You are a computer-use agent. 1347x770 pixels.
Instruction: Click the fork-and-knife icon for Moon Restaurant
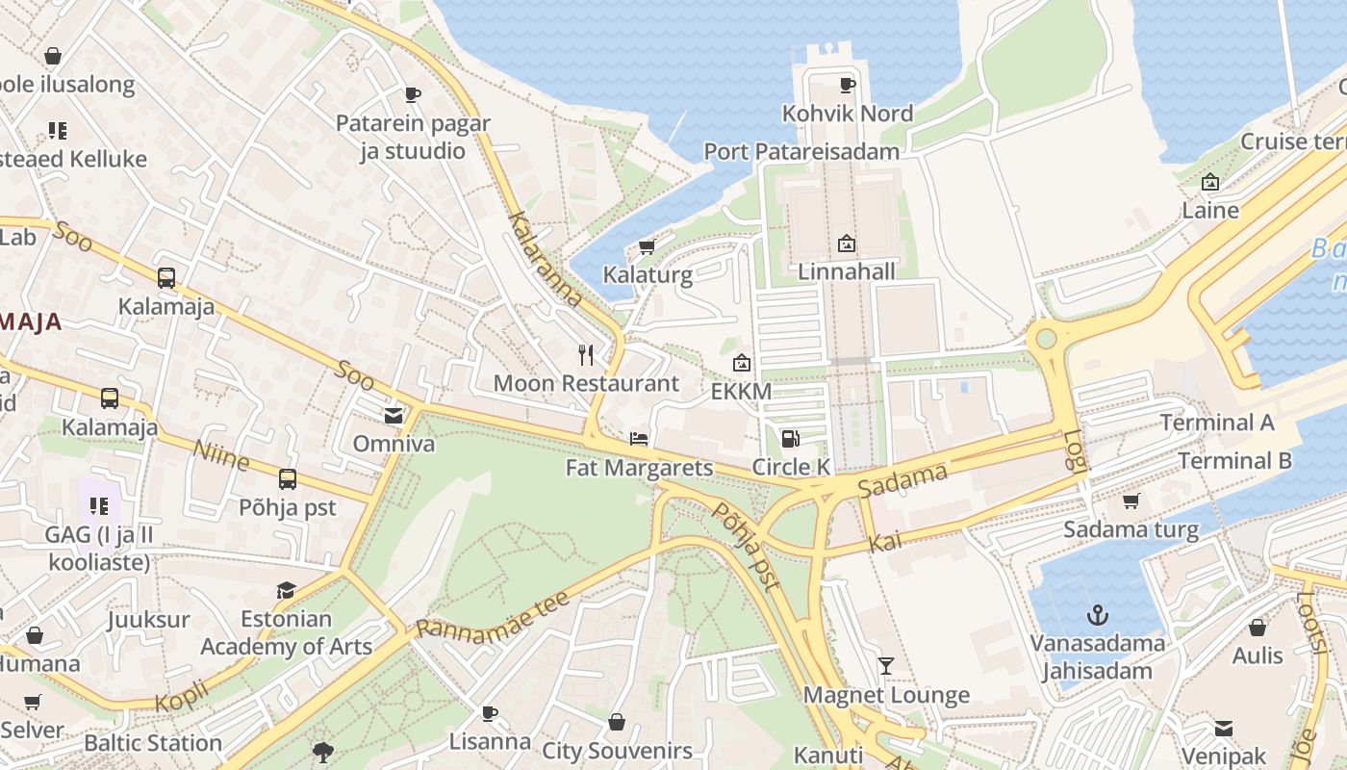pos(586,355)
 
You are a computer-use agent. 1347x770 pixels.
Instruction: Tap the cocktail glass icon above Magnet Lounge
pos(885,666)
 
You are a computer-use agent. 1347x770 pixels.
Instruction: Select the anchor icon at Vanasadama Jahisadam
pos(1097,614)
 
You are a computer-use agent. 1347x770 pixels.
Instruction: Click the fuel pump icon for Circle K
pos(790,439)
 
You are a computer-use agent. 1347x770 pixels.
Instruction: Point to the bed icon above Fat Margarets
pos(639,440)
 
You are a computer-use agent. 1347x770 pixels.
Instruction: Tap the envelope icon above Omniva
pos(394,416)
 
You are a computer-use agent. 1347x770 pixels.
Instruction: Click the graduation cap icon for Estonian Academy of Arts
pos(286,590)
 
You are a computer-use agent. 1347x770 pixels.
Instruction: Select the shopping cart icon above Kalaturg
pos(647,247)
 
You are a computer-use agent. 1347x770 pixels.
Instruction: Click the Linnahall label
pos(847,271)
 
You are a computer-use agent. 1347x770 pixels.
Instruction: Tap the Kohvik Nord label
pos(847,114)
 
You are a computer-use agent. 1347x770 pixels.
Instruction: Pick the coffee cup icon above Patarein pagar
pos(412,94)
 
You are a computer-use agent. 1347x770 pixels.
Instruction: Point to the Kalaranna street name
pos(546,259)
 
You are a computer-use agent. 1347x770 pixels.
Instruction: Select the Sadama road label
pos(902,479)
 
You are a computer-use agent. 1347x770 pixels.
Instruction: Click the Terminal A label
pos(1216,423)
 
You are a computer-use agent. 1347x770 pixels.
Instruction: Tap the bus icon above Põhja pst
pos(287,478)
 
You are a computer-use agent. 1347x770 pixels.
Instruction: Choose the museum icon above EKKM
pos(741,363)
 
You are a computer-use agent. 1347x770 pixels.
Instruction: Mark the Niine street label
pos(221,455)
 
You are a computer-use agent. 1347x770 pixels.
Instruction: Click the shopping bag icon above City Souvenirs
pos(617,722)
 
